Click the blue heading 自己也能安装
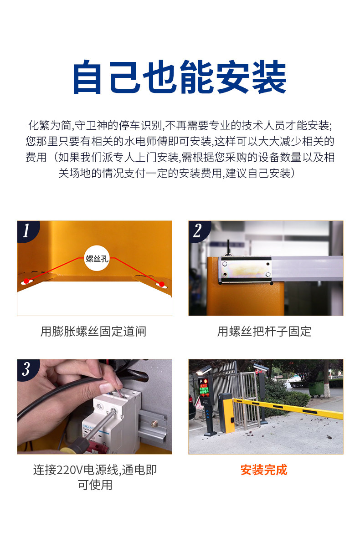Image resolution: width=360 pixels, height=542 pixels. tap(180, 77)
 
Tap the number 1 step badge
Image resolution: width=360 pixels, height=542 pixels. tap(27, 230)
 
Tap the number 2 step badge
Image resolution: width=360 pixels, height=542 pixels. tap(198, 230)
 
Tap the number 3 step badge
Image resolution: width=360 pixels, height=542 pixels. tap(27, 369)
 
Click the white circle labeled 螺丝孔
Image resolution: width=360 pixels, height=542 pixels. tap(97, 258)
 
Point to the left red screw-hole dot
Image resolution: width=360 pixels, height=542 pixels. tap(26, 281)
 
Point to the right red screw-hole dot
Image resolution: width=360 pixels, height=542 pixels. tap(161, 284)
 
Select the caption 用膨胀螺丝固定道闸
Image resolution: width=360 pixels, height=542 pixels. tap(93, 332)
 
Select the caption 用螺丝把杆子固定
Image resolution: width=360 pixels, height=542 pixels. tap(264, 332)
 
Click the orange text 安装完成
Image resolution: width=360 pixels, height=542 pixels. tap(264, 470)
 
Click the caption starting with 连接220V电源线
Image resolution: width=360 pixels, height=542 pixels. tap(95, 477)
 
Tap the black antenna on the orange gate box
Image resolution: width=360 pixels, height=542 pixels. tap(228, 248)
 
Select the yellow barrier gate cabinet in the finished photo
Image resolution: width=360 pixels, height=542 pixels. tap(226, 414)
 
